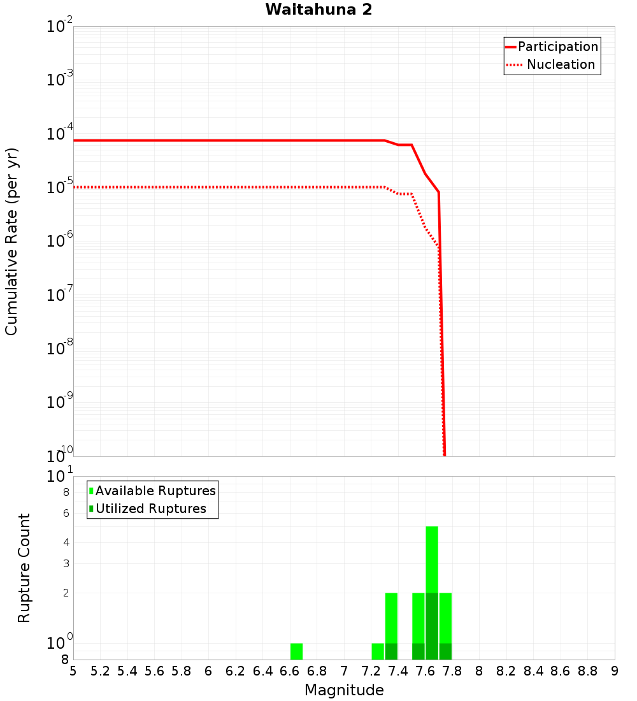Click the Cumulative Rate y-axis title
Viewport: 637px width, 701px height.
[11, 241]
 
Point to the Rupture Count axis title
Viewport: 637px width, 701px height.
[24, 567]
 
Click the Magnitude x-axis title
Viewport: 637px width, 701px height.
[344, 690]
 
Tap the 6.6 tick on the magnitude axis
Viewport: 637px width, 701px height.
[290, 671]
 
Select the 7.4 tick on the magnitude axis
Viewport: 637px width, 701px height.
[398, 671]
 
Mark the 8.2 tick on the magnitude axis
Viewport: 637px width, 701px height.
[506, 671]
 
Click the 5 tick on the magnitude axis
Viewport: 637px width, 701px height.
[73, 671]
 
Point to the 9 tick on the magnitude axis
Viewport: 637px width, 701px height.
[615, 671]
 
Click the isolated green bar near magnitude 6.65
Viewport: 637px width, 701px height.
[296, 651]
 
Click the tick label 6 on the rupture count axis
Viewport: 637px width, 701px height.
[65, 513]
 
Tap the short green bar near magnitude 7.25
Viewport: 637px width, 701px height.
[378, 651]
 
